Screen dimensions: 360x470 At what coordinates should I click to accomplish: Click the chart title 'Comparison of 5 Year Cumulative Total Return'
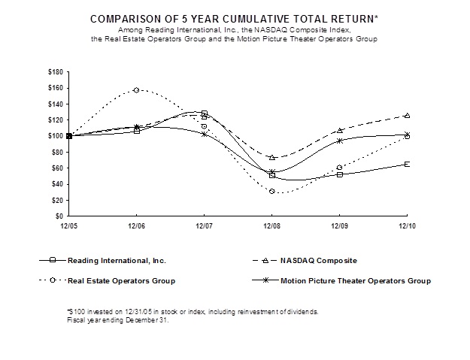pyautogui.click(x=235, y=17)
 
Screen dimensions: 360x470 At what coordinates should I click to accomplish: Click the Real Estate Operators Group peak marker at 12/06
pyautogui.click(x=136, y=90)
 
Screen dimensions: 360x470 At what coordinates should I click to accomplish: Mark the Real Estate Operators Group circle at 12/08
pyautogui.click(x=271, y=192)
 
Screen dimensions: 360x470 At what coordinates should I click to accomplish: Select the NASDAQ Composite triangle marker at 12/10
pyautogui.click(x=407, y=115)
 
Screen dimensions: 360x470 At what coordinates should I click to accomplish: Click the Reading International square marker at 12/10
pyautogui.click(x=407, y=164)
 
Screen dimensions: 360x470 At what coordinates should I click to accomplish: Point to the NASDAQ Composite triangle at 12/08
pyautogui.click(x=271, y=158)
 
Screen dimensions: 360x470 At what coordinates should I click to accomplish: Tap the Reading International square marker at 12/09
pyautogui.click(x=339, y=174)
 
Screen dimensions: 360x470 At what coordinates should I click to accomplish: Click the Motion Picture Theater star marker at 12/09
pyautogui.click(x=339, y=141)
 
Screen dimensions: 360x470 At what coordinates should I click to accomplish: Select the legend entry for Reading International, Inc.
pyautogui.click(x=114, y=260)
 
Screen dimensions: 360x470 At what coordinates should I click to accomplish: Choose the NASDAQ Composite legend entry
pyautogui.click(x=315, y=260)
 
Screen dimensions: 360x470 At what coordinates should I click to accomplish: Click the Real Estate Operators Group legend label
pyautogui.click(x=121, y=281)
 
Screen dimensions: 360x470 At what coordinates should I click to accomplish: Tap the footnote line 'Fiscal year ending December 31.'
pyautogui.click(x=117, y=319)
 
